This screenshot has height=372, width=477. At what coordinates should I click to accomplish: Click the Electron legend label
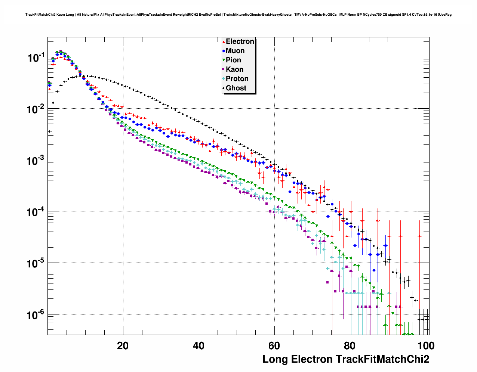[x=240, y=41]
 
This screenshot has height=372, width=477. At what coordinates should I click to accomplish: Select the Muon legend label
[x=235, y=51]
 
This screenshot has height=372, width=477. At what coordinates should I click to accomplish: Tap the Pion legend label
[x=233, y=60]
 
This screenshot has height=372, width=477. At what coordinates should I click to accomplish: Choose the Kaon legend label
[x=234, y=69]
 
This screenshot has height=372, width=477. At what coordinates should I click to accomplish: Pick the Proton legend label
[x=237, y=79]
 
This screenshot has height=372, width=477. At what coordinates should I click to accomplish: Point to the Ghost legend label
[x=236, y=88]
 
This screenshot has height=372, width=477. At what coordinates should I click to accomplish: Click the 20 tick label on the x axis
[x=123, y=346]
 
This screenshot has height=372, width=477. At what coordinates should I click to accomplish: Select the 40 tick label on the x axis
[x=199, y=346]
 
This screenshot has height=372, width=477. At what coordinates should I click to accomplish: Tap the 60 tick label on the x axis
[x=274, y=346]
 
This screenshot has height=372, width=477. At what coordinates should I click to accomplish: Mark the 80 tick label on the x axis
[x=350, y=346]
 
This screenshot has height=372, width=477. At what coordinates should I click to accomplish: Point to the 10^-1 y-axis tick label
[x=36, y=58]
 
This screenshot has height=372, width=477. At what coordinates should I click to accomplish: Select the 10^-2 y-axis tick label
[x=36, y=109]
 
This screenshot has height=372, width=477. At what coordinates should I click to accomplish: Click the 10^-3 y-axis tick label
[x=36, y=161]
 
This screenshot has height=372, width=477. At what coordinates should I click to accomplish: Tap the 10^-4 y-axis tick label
[x=36, y=213]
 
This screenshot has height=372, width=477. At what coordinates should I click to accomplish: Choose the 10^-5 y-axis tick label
[x=36, y=264]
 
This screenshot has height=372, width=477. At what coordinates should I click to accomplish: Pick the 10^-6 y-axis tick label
[x=36, y=315]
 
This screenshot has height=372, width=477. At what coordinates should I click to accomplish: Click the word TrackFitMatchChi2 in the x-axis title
[x=382, y=359]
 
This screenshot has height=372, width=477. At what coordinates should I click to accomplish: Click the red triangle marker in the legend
[x=224, y=41]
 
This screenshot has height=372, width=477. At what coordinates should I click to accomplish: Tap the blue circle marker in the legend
[x=224, y=51]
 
